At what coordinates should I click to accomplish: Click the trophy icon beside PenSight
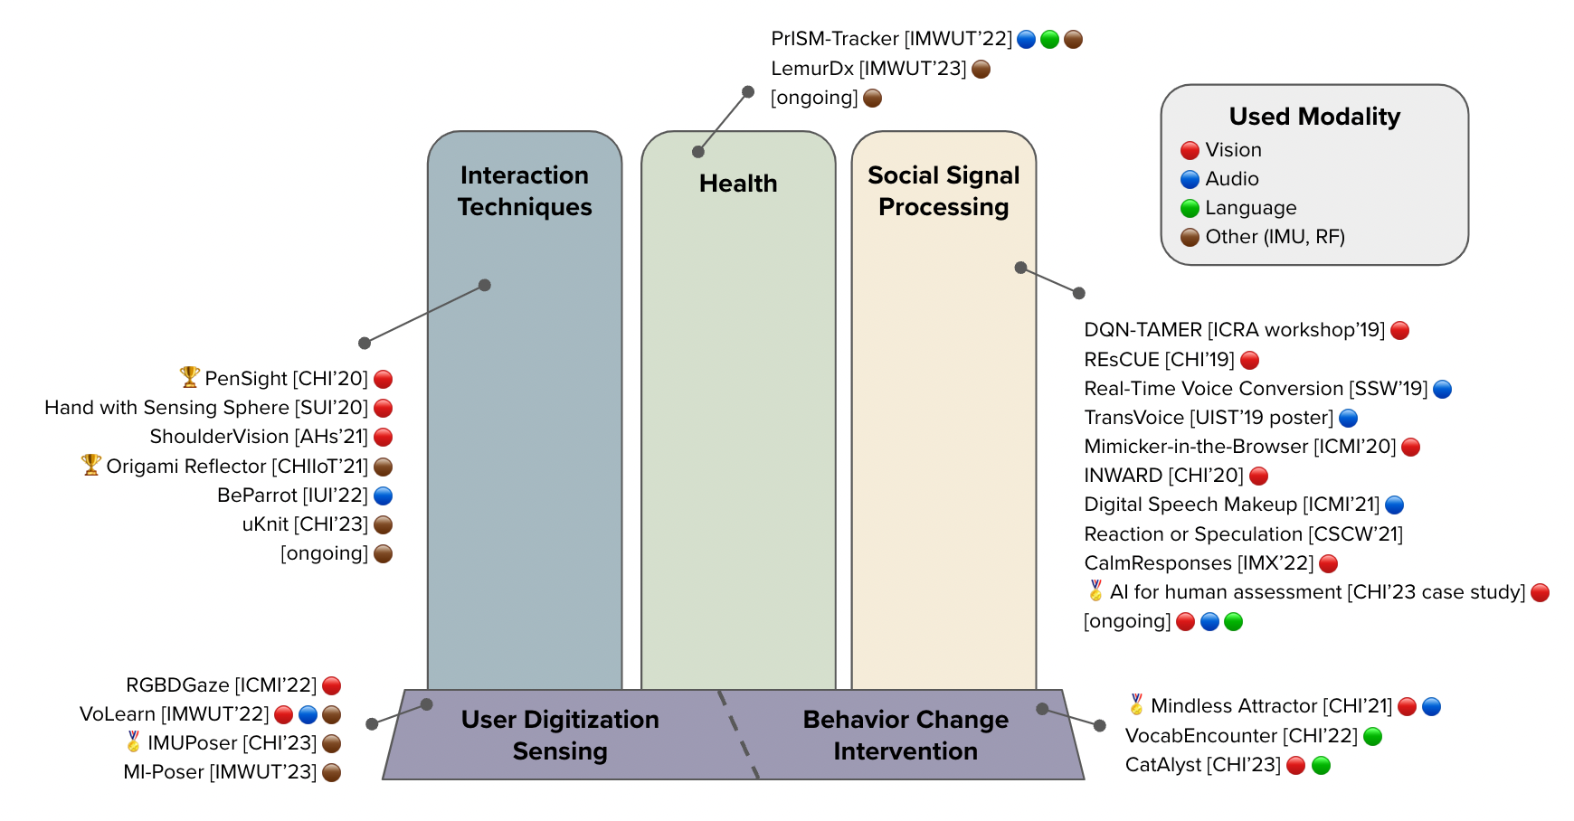click(189, 376)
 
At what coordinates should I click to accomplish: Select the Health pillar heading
click(738, 184)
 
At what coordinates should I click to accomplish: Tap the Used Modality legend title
click(1314, 117)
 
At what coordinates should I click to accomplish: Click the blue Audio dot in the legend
click(1190, 179)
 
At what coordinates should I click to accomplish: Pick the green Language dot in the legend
click(1190, 208)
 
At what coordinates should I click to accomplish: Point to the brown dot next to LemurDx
click(981, 69)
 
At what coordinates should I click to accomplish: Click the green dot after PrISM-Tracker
click(1049, 39)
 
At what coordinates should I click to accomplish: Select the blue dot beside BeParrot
click(384, 495)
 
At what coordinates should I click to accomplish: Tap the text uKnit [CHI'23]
click(305, 524)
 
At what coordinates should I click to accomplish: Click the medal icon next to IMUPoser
click(133, 741)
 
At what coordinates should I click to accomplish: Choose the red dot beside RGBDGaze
click(332, 685)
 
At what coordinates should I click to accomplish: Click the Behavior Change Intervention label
click(906, 735)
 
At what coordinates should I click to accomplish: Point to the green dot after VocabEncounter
click(1372, 736)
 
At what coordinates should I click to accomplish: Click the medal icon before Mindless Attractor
click(1136, 704)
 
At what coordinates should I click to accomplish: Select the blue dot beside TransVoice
click(1348, 418)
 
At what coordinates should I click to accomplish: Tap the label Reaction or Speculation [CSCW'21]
click(1244, 534)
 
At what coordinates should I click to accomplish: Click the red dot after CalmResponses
click(1328, 563)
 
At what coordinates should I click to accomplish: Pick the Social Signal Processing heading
click(943, 191)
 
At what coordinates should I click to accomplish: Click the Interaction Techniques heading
click(525, 191)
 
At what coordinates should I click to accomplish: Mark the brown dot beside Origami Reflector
click(384, 467)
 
